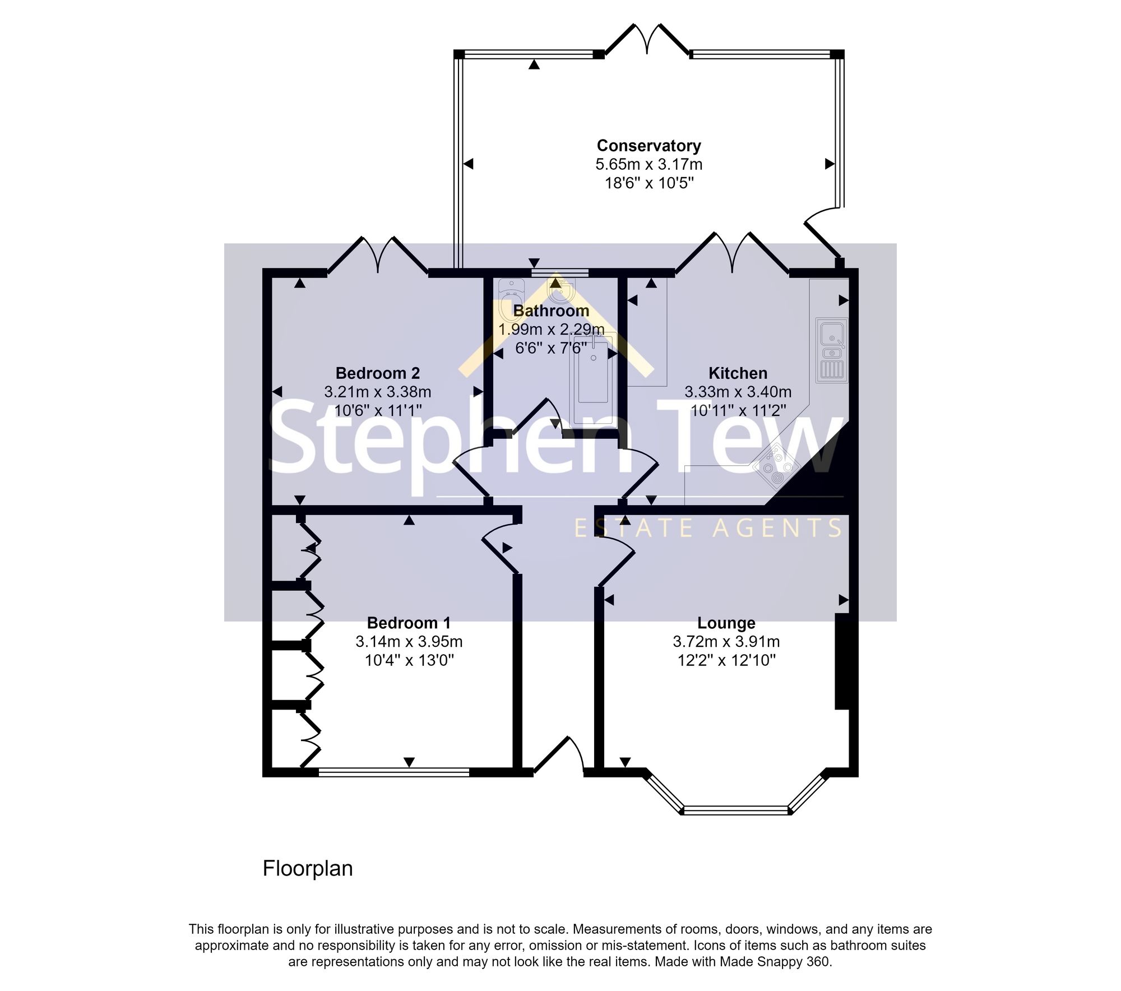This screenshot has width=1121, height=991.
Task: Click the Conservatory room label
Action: click(x=648, y=146)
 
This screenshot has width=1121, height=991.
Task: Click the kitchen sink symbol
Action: click(x=832, y=350)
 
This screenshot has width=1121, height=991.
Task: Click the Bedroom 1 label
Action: click(x=409, y=623)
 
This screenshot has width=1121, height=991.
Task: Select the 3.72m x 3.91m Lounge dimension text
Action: click(x=726, y=642)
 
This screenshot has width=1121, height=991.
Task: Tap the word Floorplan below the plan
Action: click(x=308, y=868)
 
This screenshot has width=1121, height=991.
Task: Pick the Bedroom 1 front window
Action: click(x=393, y=772)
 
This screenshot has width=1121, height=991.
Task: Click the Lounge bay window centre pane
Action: click(x=736, y=811)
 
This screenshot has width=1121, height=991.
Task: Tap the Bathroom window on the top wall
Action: click(x=559, y=273)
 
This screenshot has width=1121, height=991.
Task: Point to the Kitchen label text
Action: click(x=738, y=373)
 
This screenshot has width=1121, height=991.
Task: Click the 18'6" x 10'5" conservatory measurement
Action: click(x=649, y=183)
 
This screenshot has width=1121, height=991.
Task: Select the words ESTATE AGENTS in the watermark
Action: click(x=708, y=528)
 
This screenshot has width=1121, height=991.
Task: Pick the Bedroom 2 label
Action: click(x=377, y=373)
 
